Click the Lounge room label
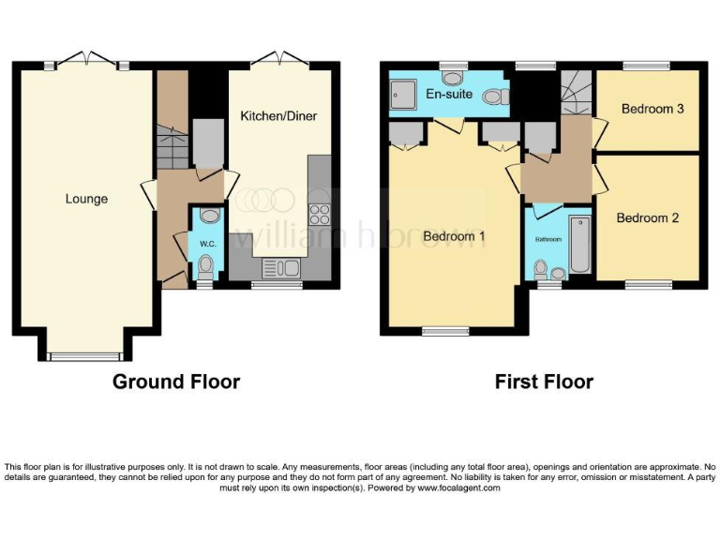pos(86,199)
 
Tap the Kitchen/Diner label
pos(278,116)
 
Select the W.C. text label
pos(207,245)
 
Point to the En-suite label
pos(447,95)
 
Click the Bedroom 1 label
pos(454,236)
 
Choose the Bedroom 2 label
pos(647,217)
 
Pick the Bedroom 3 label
pos(652,109)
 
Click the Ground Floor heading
pos(176,382)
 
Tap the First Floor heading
pos(544,382)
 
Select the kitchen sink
pos(279,270)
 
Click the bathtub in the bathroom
pos(580,245)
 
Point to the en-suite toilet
pos(495,96)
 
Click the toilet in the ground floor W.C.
pos(206,266)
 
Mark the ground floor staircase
pos(172,149)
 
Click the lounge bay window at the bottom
pos(84,355)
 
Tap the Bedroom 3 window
pos(648,67)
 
